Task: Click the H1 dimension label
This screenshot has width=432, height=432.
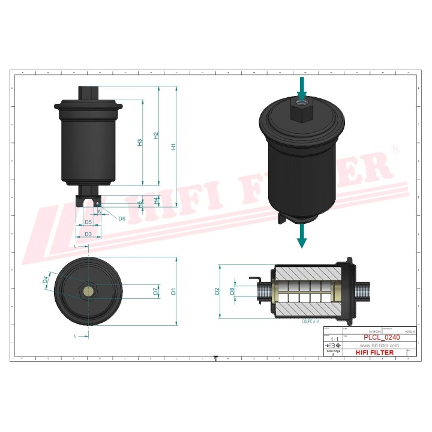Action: pyautogui.click(x=174, y=146)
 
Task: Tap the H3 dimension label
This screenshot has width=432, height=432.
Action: pyautogui.click(x=140, y=143)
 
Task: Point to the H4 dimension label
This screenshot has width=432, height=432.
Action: pyautogui.click(x=156, y=200)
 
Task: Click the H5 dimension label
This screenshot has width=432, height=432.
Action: pyautogui.click(x=140, y=205)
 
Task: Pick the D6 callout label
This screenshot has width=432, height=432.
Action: pyautogui.click(x=122, y=218)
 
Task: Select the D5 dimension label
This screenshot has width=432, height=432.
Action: pyautogui.click(x=88, y=223)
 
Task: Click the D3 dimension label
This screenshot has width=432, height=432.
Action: pyautogui.click(x=88, y=234)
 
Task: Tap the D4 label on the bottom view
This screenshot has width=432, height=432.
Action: pyautogui.click(x=46, y=280)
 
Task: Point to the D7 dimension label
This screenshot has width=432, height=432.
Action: pyautogui.click(x=155, y=292)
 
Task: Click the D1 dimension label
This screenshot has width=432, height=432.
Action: pyautogui.click(x=173, y=292)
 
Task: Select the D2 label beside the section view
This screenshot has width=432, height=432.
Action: pyautogui.click(x=217, y=292)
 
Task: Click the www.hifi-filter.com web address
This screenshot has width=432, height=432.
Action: pyautogui.click(x=379, y=346)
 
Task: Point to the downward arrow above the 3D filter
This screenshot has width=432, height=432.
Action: pyautogui.click(x=302, y=88)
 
